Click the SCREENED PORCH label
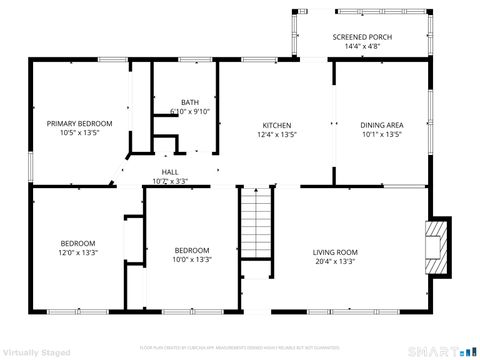point(362,37)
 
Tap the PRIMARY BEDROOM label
point(79,123)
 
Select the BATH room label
point(189,102)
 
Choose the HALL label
point(170,172)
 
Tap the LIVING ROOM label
point(335,252)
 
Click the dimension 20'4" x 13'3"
point(335,261)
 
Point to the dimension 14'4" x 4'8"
point(362,46)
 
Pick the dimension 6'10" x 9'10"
point(189,111)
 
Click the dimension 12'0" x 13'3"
point(77,252)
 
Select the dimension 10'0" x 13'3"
point(192,259)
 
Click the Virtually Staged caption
point(38,352)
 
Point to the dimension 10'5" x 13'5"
point(79,132)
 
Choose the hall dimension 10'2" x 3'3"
point(170,181)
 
